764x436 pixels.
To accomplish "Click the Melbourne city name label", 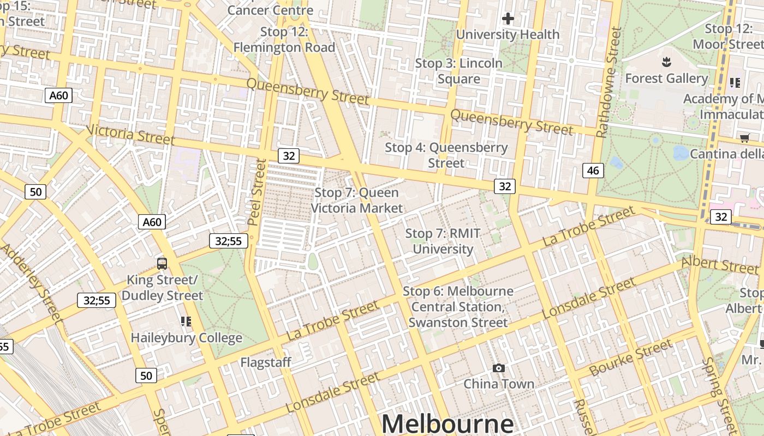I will [x=447, y=423].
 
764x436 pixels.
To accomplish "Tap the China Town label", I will [x=498, y=384].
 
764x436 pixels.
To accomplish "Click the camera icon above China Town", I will [x=498, y=368].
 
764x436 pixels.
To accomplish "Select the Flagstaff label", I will [x=266, y=362].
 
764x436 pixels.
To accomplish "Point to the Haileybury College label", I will [x=186, y=338].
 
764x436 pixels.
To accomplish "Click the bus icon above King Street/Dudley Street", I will [x=162, y=264].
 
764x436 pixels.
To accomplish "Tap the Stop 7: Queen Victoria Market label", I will [x=357, y=200].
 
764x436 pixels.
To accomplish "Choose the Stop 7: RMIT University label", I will [x=443, y=241].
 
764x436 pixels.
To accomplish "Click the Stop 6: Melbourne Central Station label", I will [x=458, y=306].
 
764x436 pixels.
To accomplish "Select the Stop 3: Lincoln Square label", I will [x=458, y=71].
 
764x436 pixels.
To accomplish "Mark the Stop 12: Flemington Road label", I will [x=284, y=40].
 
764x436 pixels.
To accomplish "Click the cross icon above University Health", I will [x=508, y=19].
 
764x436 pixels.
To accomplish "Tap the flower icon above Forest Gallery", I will [x=666, y=62].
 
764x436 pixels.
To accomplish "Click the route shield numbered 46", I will [x=593, y=171].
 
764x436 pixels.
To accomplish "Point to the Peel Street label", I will [x=256, y=192].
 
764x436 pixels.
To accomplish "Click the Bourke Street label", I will [x=631, y=358].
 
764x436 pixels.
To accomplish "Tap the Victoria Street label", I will [x=130, y=135].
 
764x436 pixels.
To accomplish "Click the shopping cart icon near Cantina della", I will [x=744, y=138].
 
